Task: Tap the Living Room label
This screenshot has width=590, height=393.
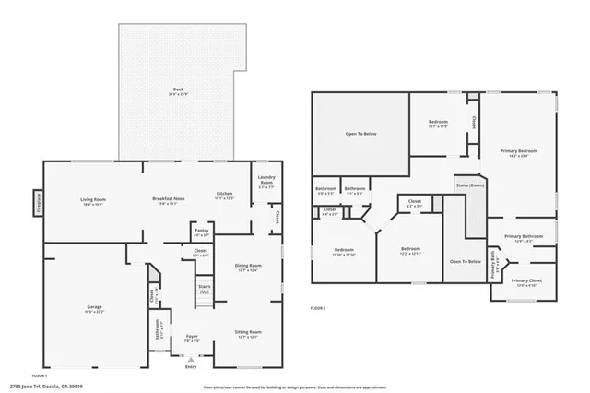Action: pos(93,198)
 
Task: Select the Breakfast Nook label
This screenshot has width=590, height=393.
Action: pos(168,198)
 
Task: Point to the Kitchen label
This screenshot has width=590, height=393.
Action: pos(224,194)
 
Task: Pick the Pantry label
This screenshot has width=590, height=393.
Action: pos(201,232)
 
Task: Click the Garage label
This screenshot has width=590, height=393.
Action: pos(94,306)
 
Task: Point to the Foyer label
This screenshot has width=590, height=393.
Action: pos(192,337)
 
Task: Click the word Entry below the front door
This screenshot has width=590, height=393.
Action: pos(191,367)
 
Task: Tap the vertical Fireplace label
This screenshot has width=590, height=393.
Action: pos(38,200)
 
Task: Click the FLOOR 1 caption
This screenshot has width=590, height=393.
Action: pos(40,375)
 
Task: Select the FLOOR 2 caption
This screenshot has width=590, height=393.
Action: pos(319,306)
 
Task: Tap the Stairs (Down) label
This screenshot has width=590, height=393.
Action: pos(470,185)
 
